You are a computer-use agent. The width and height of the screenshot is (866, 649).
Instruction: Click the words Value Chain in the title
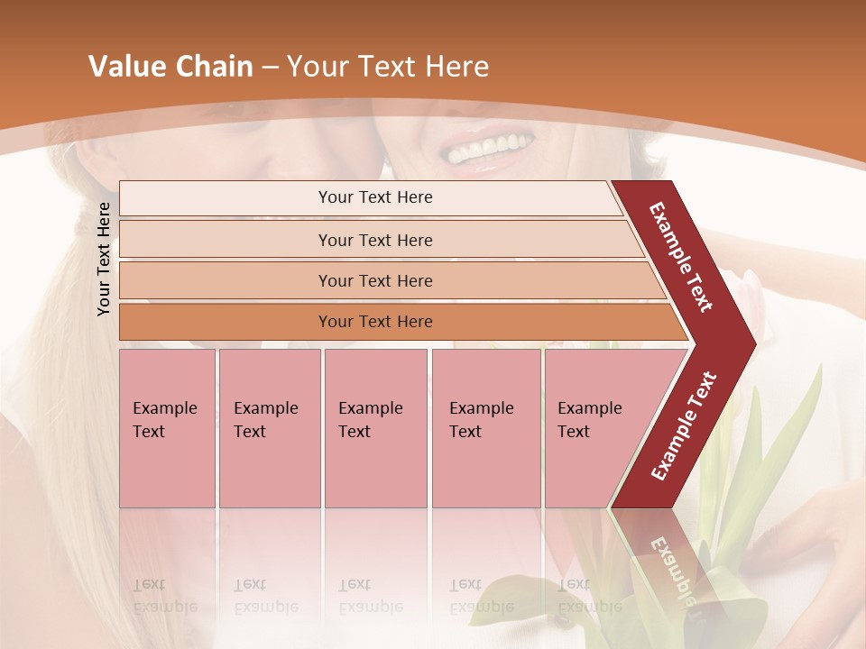point(170,67)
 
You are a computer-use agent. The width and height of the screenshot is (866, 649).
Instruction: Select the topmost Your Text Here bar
point(374,197)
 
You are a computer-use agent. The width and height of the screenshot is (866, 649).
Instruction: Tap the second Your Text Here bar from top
point(374,240)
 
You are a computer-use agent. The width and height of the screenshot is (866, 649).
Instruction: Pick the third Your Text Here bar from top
point(374,280)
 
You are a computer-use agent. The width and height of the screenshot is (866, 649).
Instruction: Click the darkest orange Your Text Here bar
point(374,322)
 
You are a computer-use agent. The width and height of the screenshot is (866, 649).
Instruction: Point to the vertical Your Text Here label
point(104,259)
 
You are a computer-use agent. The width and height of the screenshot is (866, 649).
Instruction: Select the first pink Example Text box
point(167,428)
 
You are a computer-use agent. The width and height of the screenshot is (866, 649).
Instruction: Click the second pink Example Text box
point(269,428)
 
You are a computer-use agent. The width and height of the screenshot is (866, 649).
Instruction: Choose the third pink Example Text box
point(375,428)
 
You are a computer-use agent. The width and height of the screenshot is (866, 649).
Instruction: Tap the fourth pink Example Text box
point(485,428)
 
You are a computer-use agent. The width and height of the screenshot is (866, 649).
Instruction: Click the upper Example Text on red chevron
point(682,257)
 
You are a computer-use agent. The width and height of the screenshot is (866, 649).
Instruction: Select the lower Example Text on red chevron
point(684,425)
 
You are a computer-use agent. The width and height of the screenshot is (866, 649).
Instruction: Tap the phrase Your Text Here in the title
point(388,67)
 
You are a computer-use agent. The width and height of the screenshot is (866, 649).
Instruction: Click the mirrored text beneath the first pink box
point(164,595)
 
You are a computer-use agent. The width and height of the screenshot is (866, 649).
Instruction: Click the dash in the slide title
point(270,68)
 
